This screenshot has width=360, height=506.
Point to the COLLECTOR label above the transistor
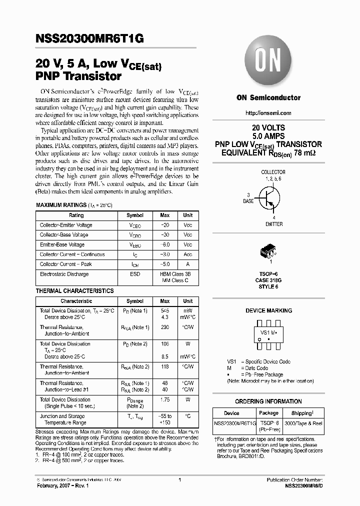pos(273,172)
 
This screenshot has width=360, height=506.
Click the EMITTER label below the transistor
pos(273,224)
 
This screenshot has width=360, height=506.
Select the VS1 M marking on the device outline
pos(268,331)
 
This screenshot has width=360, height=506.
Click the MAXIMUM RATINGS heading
pos(60,205)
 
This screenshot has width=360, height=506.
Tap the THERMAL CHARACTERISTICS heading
pos(74,291)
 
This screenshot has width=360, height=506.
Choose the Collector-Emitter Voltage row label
pos(66,225)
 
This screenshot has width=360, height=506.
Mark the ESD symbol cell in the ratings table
pos(134,274)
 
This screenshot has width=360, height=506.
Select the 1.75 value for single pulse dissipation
pos(164,399)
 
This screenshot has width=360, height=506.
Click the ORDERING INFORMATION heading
pos(268,401)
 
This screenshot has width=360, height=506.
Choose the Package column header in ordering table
pos(268,413)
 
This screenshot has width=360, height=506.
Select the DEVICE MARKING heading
pos(268,310)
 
